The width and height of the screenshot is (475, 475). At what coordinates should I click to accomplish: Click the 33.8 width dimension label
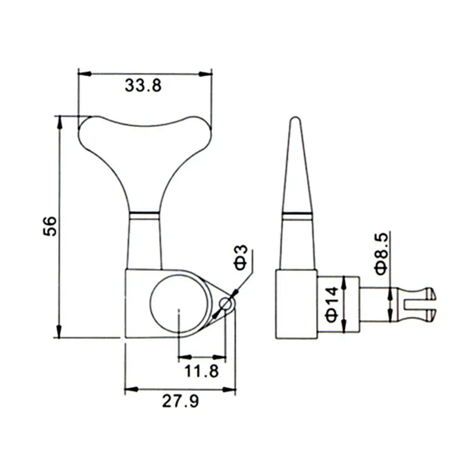click(x=143, y=85)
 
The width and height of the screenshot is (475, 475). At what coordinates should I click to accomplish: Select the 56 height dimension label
click(x=50, y=226)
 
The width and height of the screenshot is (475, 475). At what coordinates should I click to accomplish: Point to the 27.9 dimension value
click(x=180, y=401)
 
